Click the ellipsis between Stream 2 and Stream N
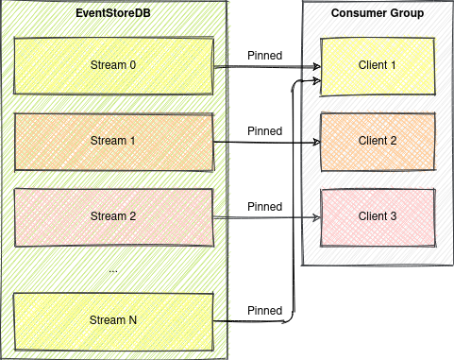coord(113,268)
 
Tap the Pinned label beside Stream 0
coord(264,55)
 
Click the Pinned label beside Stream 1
coord(264,130)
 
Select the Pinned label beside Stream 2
coord(264,206)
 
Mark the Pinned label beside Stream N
coord(264,310)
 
